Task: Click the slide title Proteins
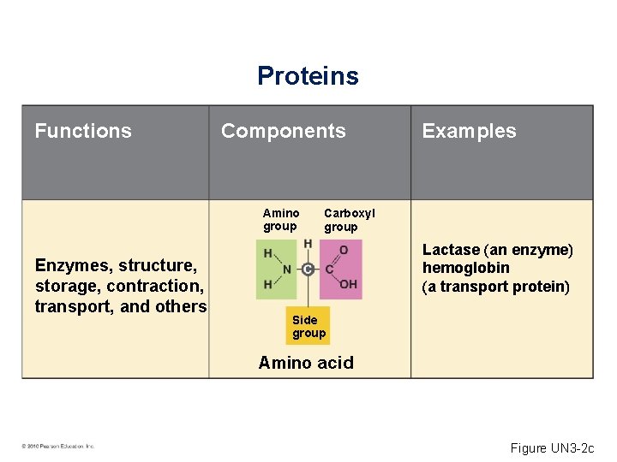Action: [x=308, y=76]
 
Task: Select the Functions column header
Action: [x=83, y=131]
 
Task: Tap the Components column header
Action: [x=283, y=131]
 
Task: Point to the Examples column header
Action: [x=469, y=131]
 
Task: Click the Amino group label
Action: [x=281, y=220]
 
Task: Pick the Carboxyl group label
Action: [x=349, y=220]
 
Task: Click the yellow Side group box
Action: [x=308, y=326]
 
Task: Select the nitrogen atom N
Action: [x=287, y=269]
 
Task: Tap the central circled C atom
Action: [x=308, y=269]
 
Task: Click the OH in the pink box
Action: [x=348, y=284]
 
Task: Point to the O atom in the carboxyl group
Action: [x=344, y=250]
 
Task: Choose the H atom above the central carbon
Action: [x=308, y=245]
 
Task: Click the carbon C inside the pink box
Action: [x=329, y=269]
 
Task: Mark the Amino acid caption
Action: [x=306, y=363]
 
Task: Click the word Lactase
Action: [x=451, y=250]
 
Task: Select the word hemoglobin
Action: [x=465, y=268]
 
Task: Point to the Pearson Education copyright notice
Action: [x=58, y=446]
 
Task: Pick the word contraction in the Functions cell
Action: [x=159, y=286]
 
